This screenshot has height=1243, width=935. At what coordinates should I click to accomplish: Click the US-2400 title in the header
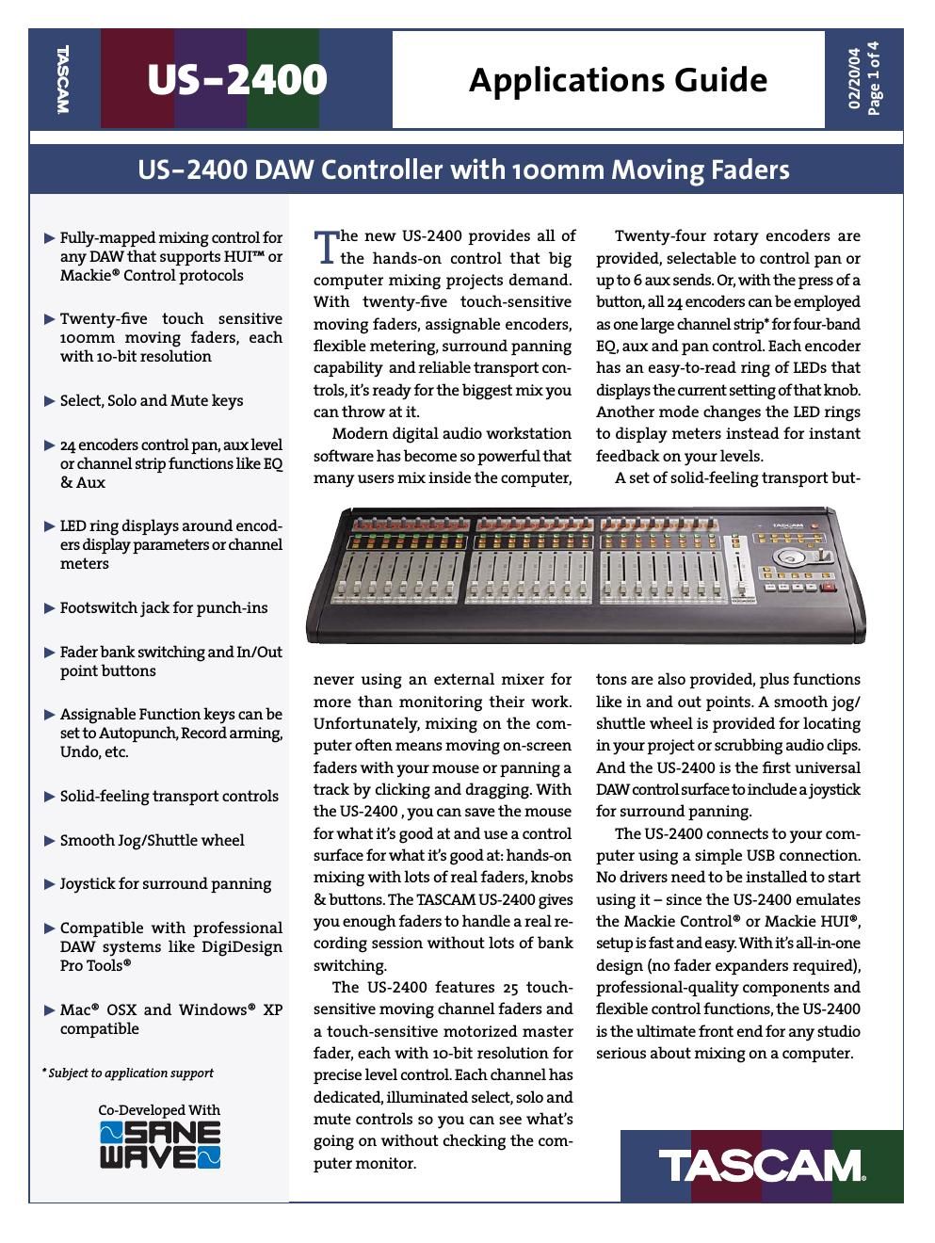point(236,80)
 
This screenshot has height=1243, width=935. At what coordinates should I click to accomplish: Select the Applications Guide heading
point(618,80)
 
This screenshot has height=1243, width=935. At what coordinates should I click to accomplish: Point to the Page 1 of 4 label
point(873,79)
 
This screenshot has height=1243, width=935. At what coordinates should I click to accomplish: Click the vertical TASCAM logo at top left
point(62,79)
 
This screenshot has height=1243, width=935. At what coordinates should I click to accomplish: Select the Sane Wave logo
point(160,1144)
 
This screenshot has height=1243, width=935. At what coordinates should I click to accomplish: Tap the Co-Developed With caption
point(159,1110)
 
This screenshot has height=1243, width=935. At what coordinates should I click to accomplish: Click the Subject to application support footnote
point(128,1073)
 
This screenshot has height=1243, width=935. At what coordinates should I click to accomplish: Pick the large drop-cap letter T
point(325,247)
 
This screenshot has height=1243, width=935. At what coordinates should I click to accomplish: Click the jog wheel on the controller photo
point(790,558)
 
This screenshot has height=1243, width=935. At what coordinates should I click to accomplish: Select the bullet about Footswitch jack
point(164,608)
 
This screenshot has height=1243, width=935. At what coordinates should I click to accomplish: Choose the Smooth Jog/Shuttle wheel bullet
point(152,840)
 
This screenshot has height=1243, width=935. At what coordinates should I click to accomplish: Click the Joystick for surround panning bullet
point(166,883)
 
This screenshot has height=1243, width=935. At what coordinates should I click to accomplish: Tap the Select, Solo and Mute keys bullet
point(152,401)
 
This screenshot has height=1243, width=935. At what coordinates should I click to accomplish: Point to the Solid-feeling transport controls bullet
point(169,797)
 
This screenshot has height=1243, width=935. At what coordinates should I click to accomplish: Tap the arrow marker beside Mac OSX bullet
point(50,1010)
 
